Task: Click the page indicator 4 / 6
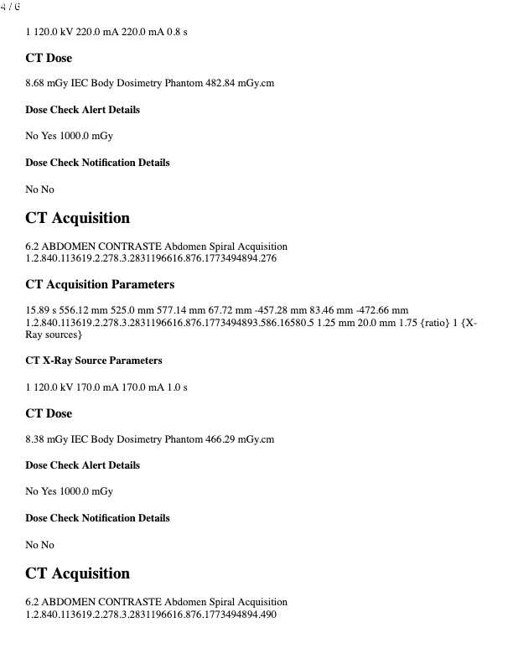pyautogui.click(x=11, y=7)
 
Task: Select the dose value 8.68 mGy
pyautogui.click(x=45, y=83)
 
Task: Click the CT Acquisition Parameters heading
pyautogui.click(x=100, y=284)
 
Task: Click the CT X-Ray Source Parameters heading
pyautogui.click(x=94, y=361)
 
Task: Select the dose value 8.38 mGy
pyautogui.click(x=45, y=438)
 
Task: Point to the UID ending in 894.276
pyautogui.click(x=151, y=259)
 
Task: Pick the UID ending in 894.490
pyautogui.click(x=151, y=615)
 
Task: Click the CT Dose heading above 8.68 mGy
pyautogui.click(x=49, y=58)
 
